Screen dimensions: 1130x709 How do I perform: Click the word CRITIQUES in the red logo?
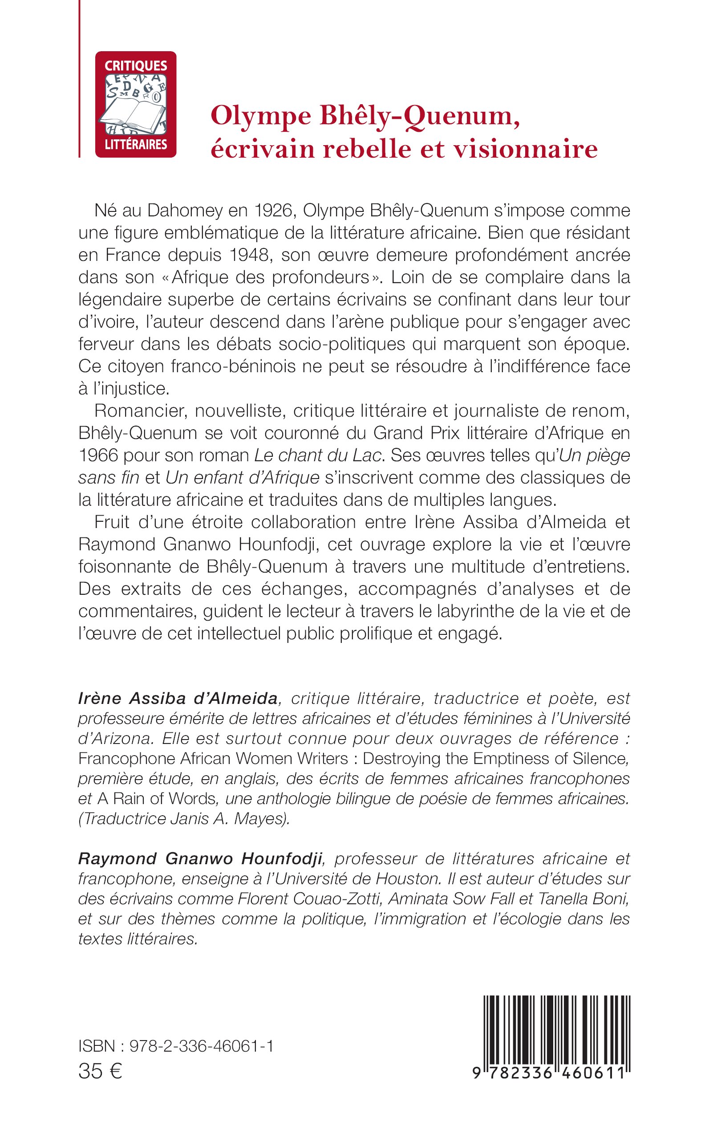pyautogui.click(x=135, y=65)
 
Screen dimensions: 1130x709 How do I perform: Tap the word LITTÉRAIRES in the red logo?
pyautogui.click(x=135, y=144)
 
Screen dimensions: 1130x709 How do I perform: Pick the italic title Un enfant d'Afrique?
pyautogui.click(x=243, y=478)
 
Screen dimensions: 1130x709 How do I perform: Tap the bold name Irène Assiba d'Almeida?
pyautogui.click(x=178, y=699)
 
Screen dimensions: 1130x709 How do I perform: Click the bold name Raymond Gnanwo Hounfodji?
pyautogui.click(x=200, y=858)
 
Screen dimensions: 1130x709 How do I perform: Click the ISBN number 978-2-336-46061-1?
pyautogui.click(x=202, y=1046)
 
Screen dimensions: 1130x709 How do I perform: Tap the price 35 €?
pyautogui.click(x=100, y=1071)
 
